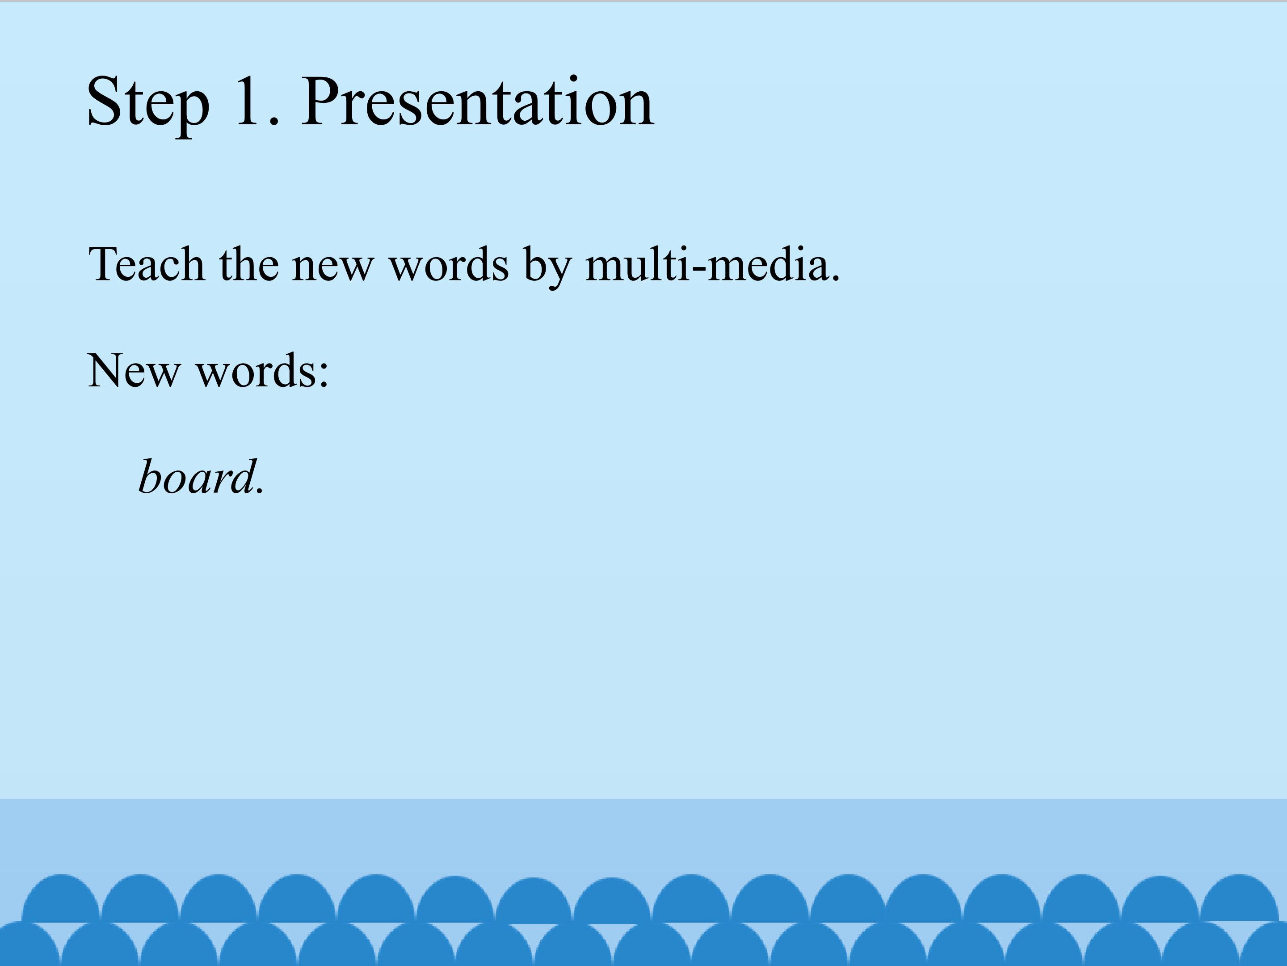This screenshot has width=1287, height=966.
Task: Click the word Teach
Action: point(147,264)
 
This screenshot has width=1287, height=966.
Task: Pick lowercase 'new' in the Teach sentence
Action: point(332,270)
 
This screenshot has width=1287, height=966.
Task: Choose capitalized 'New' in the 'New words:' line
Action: point(134,370)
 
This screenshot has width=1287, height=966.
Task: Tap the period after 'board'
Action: point(260,491)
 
